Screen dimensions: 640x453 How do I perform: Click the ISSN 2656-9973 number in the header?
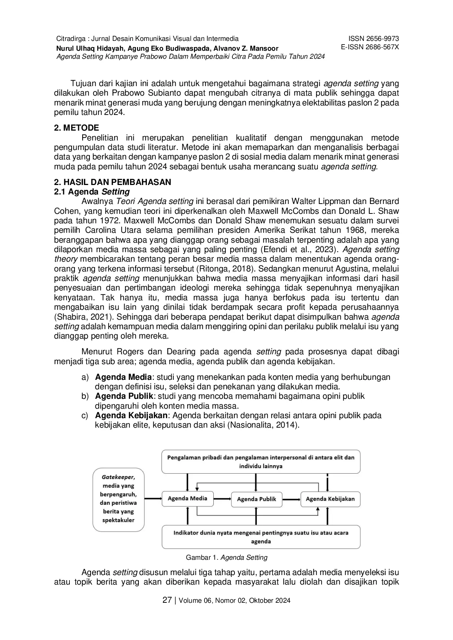(x=373, y=39)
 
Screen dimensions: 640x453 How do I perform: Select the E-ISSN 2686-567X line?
(x=369, y=47)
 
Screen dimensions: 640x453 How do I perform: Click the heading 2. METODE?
(x=76, y=128)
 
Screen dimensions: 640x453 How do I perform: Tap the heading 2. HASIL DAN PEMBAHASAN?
(x=113, y=182)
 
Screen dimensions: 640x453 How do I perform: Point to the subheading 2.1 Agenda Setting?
(x=92, y=192)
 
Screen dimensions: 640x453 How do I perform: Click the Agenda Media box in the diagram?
(x=187, y=498)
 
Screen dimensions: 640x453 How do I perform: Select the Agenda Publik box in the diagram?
(x=256, y=499)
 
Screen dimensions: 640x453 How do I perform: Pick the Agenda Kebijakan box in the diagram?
(x=330, y=499)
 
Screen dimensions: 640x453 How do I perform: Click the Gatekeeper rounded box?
(x=118, y=498)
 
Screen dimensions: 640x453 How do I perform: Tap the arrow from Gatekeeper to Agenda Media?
(x=153, y=498)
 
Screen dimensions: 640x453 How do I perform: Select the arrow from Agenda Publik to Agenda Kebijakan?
(x=291, y=499)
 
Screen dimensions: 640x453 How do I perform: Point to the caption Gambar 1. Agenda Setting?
(x=226, y=558)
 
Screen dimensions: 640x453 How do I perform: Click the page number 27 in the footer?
(x=167, y=600)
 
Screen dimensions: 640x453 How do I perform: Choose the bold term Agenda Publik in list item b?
(x=124, y=396)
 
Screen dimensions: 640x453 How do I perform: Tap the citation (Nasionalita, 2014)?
(x=263, y=425)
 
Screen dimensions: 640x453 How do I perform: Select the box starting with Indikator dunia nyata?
(x=261, y=537)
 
